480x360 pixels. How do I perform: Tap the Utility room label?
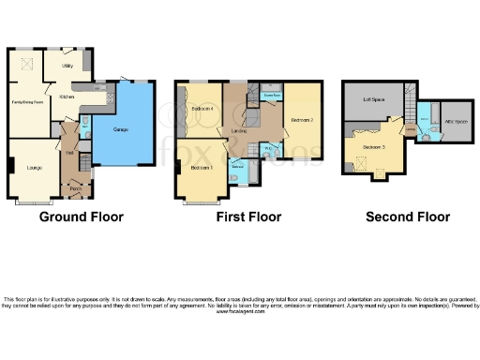pyautogui.click(x=67, y=67)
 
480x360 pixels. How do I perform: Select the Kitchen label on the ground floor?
pyautogui.click(x=67, y=97)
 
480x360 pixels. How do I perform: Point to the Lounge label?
pyautogui.click(x=34, y=168)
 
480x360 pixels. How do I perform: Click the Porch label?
pyautogui.click(x=75, y=189)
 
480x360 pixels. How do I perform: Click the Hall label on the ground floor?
pyautogui.click(x=70, y=152)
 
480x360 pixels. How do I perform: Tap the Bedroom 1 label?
pyautogui.click(x=202, y=168)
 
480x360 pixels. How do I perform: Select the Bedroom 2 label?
pyautogui.click(x=301, y=120)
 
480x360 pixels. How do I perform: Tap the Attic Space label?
pyautogui.click(x=455, y=121)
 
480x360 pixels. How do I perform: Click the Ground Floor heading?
pyautogui.click(x=81, y=217)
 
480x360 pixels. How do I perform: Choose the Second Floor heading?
pyautogui.click(x=408, y=217)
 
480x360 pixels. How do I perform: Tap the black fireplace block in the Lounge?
pyautogui.click(x=11, y=167)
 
